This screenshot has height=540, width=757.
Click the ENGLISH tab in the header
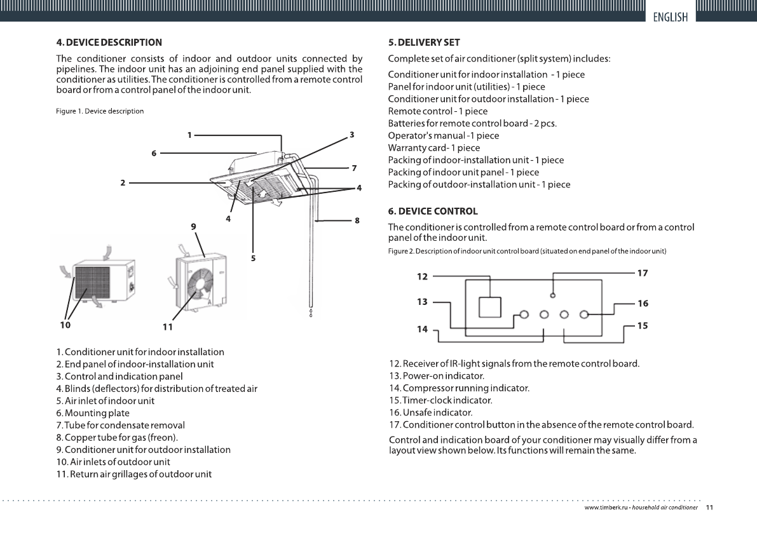pos(671,17)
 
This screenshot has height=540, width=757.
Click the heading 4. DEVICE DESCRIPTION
pos(109,43)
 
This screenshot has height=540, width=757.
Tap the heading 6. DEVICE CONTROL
pos(433,211)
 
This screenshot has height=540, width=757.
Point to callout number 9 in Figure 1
pos(193,226)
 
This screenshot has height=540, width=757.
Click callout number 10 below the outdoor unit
pos(65,325)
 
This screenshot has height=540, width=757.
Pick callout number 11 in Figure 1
pos(167,327)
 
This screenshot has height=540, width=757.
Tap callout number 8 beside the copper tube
pos(357,220)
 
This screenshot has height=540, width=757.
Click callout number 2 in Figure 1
pos(122,182)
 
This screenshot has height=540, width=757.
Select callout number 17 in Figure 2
pos(643,273)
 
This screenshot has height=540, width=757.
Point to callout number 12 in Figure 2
pos(423,276)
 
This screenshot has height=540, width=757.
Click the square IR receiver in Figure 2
pos(490,307)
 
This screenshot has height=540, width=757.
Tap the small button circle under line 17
pos(553,295)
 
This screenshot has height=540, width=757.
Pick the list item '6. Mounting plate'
pos(93,413)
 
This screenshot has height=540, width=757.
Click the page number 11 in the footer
pos(709,508)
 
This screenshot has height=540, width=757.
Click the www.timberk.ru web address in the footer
pos(606,508)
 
